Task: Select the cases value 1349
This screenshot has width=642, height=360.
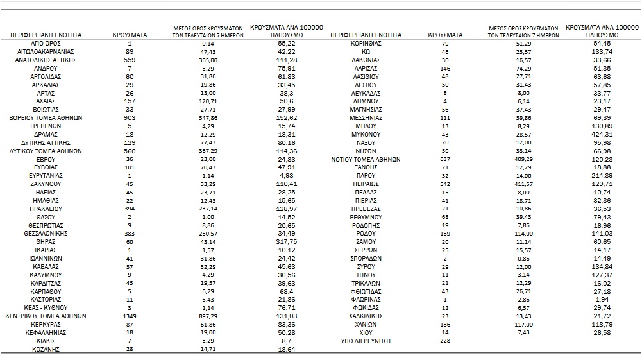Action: [x=130, y=316]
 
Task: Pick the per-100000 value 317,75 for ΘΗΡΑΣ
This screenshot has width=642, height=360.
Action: [x=286, y=242]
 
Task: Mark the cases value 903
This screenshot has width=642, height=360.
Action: [x=130, y=117]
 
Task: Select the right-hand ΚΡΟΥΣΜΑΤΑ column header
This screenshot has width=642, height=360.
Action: [x=445, y=34]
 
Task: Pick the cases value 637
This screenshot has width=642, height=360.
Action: [x=445, y=159]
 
